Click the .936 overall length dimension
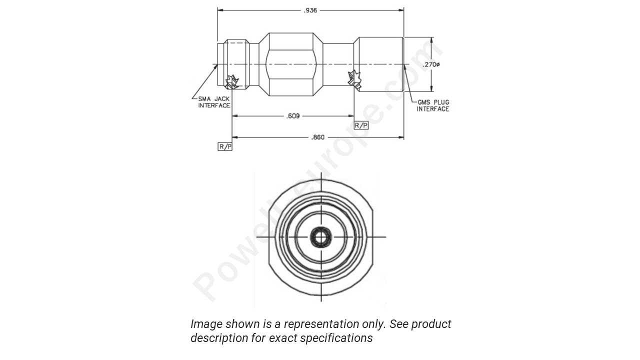(310, 10)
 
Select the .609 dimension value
(293, 116)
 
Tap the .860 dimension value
(318, 136)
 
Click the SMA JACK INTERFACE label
(214, 102)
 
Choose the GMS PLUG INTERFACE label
(433, 105)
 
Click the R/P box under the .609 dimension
(361, 125)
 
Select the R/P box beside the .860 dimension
(225, 146)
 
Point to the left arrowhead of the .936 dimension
(219, 10)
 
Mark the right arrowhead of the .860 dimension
(401, 136)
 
